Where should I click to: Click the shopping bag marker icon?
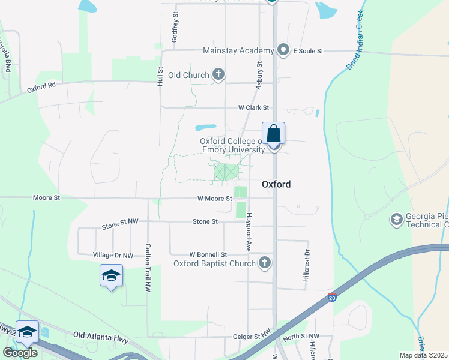(x=273, y=134)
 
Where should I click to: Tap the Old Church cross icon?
(x=218, y=75)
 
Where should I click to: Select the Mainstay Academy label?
(x=238, y=51)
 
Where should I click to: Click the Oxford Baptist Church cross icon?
(x=264, y=263)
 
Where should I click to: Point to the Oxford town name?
(x=276, y=184)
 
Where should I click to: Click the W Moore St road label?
(x=206, y=199)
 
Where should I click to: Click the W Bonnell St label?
(x=208, y=255)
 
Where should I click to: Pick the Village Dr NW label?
(x=113, y=255)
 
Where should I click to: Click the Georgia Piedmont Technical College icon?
(x=396, y=220)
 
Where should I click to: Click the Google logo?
(x=20, y=353)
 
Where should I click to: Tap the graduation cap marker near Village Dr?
(x=111, y=276)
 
